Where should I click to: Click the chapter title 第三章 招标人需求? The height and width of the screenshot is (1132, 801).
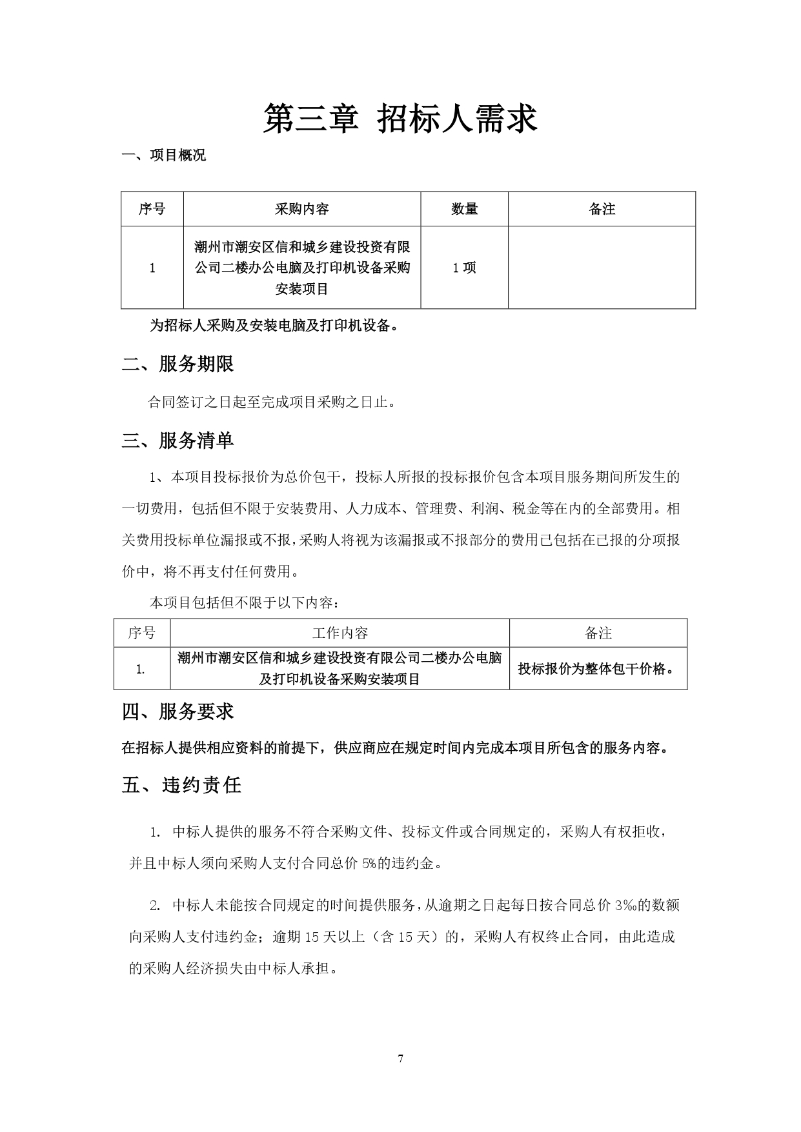point(400,119)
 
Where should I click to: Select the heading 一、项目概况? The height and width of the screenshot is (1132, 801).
point(164,155)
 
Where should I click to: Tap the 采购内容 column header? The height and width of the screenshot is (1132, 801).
point(301,209)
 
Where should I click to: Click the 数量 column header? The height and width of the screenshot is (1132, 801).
point(464,209)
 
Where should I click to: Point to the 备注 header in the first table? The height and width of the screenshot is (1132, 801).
point(602,209)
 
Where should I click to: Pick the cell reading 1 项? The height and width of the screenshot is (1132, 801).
point(464,268)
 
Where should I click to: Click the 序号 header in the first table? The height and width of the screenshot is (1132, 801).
point(152,209)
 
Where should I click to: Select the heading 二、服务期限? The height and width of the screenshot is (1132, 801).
point(177,364)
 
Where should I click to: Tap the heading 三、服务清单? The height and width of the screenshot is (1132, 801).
point(177,441)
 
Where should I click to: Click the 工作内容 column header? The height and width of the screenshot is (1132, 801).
point(340,633)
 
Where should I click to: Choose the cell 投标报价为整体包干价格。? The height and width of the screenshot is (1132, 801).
point(598,669)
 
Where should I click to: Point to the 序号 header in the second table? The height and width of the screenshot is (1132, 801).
point(141,633)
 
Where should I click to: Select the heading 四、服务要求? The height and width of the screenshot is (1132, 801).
point(177,712)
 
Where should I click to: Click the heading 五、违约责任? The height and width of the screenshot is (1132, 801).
point(181,785)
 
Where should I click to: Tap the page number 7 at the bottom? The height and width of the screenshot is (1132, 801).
point(401,1058)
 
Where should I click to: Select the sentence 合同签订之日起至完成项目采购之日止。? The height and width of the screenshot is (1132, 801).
point(272,403)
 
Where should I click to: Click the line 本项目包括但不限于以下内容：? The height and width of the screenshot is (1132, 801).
point(244,603)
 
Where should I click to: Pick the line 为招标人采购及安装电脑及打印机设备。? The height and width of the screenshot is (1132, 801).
point(274,326)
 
